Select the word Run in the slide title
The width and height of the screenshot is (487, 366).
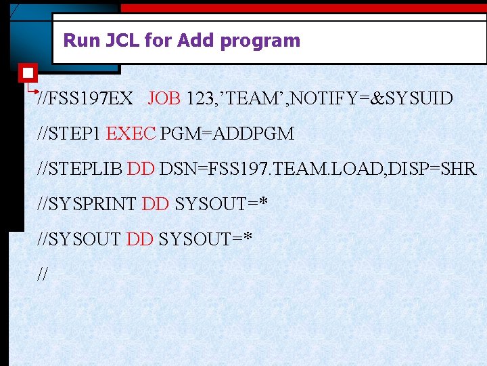tap(80, 41)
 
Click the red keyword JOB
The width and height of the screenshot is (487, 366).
tap(164, 99)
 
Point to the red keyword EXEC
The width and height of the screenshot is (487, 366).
tap(131, 134)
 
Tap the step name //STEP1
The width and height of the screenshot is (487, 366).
tap(70, 134)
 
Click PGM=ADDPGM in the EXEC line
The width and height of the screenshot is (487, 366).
tap(227, 134)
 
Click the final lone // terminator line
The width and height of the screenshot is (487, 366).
tap(44, 274)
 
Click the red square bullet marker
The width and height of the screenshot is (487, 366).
tap(28, 73)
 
